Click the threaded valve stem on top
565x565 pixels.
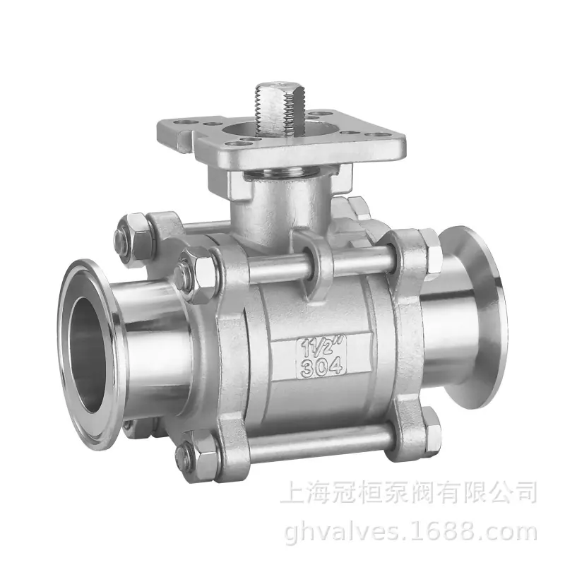coord(280,109)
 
